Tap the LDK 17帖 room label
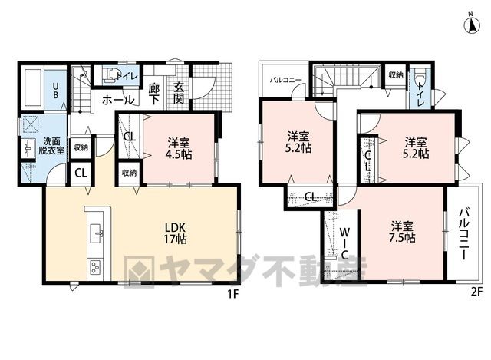[x=176, y=233]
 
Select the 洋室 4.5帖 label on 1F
[x=179, y=148]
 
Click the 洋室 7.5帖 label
[x=403, y=232]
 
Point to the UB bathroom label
[x=55, y=91]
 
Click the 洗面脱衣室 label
[x=51, y=146]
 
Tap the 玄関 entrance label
[x=179, y=94]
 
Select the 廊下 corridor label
[x=154, y=94]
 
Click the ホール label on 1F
[x=118, y=101]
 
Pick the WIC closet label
[x=344, y=243]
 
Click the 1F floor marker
[x=233, y=294]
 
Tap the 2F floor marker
[x=476, y=292]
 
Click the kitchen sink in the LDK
[x=97, y=233]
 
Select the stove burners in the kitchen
[x=95, y=268]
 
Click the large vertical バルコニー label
[x=463, y=235]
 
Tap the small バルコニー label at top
[x=285, y=80]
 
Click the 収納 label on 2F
[x=396, y=75]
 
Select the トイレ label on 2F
[x=421, y=94]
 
